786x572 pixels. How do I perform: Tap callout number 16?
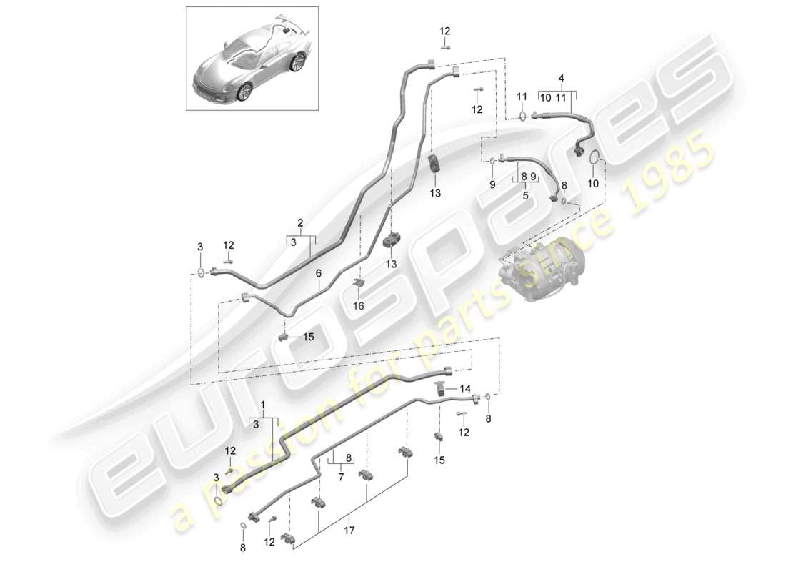point(359,305)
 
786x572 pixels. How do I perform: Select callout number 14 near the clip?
point(466,389)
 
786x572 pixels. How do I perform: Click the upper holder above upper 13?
point(434,164)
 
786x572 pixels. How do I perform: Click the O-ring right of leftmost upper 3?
point(202,272)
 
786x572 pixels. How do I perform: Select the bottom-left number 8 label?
point(242,548)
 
